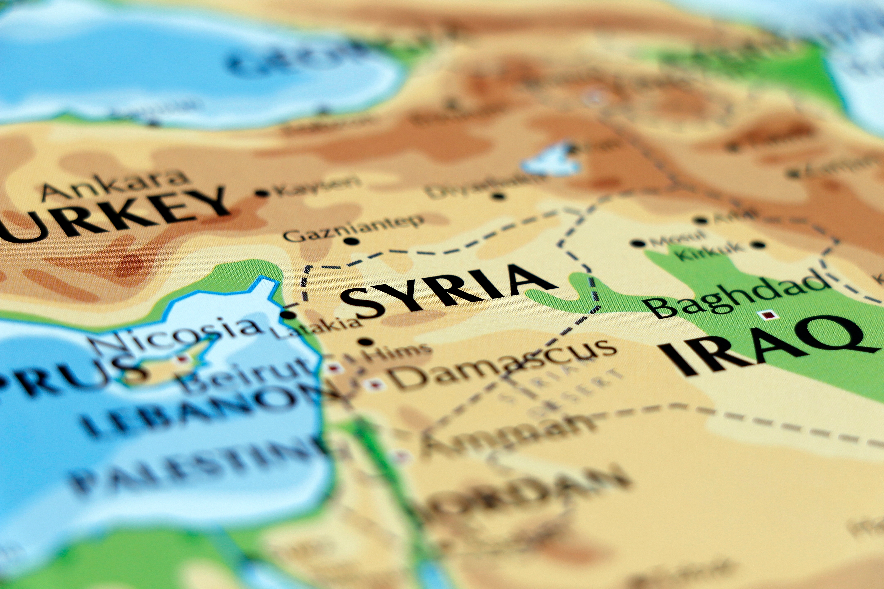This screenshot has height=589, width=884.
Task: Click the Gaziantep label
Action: pos(353,227)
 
